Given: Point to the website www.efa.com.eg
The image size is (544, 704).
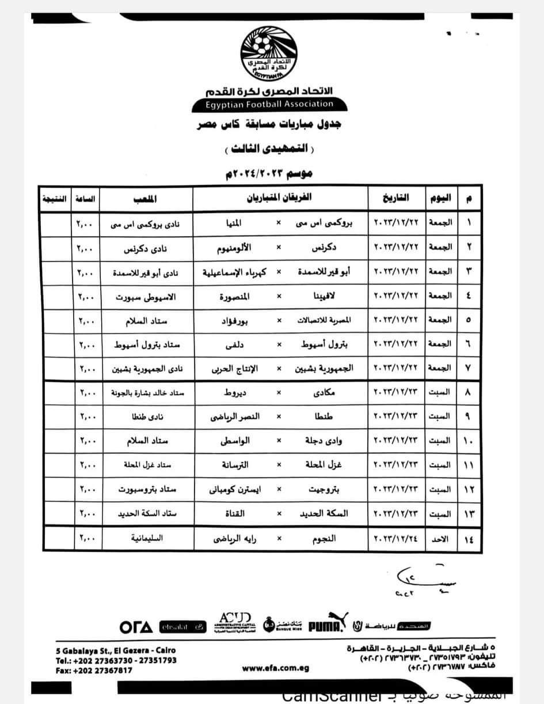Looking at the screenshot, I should coord(276,668).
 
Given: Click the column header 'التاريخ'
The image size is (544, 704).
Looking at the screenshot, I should coord(395,198).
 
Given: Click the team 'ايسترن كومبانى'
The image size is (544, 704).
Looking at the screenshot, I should coord(234,489).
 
